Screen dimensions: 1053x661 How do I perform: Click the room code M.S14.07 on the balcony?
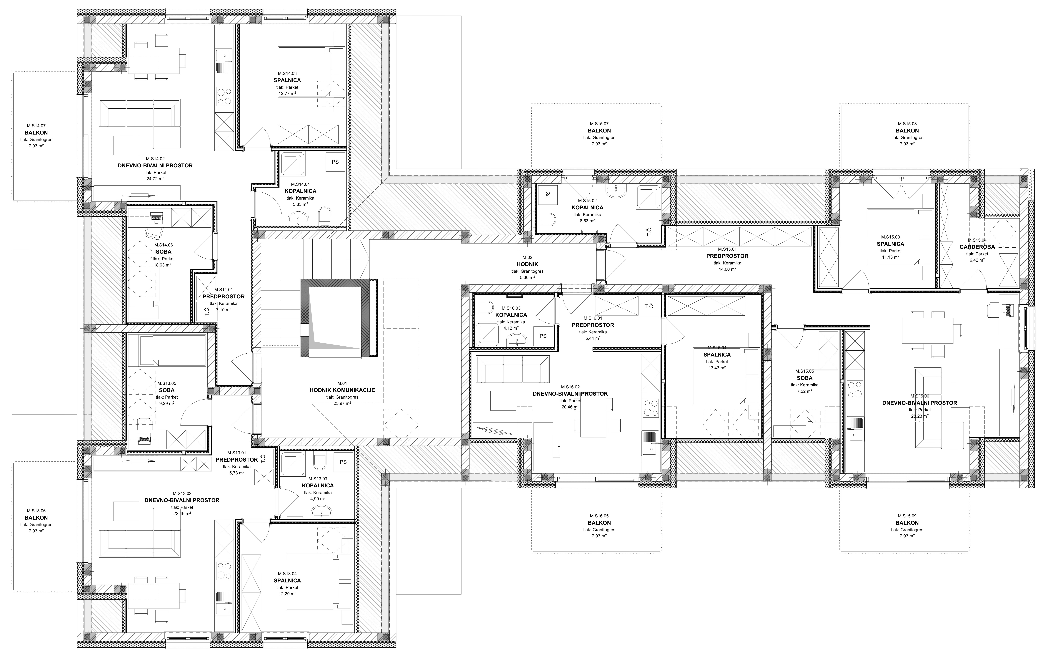coord(36,125)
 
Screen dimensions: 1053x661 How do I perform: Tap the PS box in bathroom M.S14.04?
coord(335,162)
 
